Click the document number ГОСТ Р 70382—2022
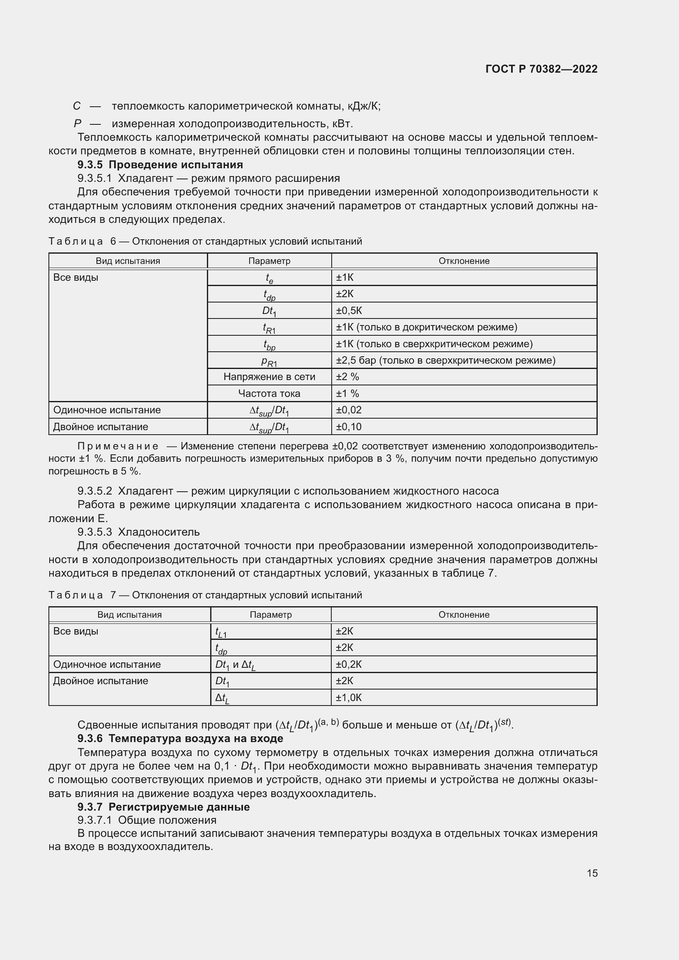coord(541,69)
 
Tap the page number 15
coord(592,873)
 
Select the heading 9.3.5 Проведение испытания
coord(160,164)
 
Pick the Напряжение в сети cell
coord(269,377)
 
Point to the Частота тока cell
coord(269,394)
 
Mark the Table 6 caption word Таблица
coord(76,241)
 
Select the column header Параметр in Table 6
coord(269,261)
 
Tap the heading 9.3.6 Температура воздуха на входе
coord(180,738)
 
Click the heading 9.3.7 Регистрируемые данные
coord(163,807)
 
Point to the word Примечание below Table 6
coord(118,446)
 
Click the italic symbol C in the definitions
coord(76,106)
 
